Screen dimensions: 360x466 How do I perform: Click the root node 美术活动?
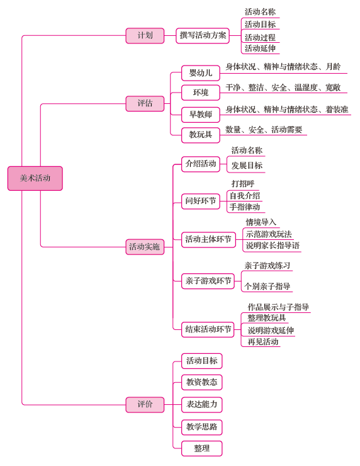point(35,178)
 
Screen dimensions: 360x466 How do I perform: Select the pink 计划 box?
point(145,36)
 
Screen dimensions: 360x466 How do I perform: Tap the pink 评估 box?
point(145,103)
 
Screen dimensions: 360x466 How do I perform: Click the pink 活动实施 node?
point(145,247)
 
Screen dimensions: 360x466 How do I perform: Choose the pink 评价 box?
point(145,404)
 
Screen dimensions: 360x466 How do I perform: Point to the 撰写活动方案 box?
point(203,36)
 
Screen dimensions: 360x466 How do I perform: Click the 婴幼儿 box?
point(201,73)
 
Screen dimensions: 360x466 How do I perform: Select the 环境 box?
point(201,93)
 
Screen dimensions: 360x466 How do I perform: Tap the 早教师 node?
point(201,115)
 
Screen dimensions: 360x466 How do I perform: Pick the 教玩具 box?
point(201,135)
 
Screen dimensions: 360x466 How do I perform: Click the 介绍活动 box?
point(201,164)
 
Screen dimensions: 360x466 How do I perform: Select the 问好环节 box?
point(201,202)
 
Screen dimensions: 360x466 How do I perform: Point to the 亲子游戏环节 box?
point(208,281)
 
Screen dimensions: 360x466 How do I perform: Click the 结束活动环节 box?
point(208,329)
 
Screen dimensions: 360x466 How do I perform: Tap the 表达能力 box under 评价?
point(202,404)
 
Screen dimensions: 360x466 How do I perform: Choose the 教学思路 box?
point(202,427)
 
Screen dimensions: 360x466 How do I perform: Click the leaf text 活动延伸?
point(260,48)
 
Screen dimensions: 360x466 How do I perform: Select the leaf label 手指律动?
point(245,207)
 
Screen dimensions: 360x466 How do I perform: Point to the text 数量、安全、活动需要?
point(264,130)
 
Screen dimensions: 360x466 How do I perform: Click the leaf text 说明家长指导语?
point(273,246)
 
